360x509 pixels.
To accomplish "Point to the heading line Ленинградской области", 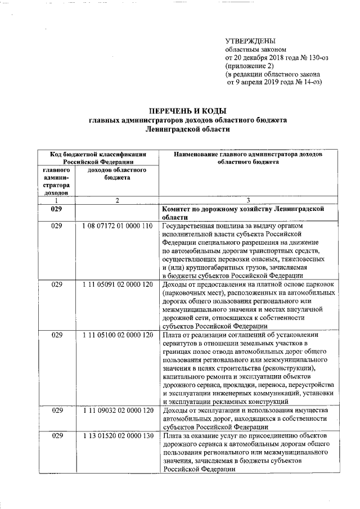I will pos(187,129).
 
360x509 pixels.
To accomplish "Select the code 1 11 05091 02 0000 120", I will pos(117,285).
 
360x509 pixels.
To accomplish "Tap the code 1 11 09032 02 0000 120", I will pos(117,411).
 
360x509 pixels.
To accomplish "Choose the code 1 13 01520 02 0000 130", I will pos(117,436).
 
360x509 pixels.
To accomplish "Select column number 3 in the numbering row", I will pos(248,200).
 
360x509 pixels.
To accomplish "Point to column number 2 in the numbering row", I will pos(117,200).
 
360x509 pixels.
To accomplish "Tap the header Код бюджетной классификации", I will pos(98,154).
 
